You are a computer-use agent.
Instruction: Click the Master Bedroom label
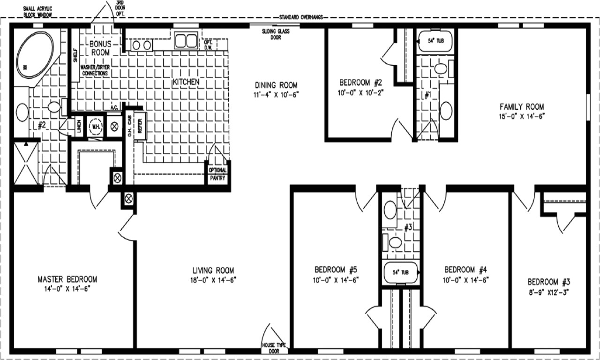(x=67, y=279)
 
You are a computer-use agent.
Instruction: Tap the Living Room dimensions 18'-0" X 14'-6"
(x=213, y=280)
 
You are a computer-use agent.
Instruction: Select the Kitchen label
(x=186, y=82)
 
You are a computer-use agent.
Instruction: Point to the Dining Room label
(x=276, y=85)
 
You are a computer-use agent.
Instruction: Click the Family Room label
(x=522, y=106)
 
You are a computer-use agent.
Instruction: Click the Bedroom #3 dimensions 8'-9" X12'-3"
(x=549, y=292)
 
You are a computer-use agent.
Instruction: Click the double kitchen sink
(x=186, y=41)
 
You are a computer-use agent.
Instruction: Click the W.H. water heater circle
(x=95, y=127)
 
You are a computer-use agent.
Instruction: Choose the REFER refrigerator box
(x=140, y=126)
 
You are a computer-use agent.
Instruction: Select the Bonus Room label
(x=100, y=48)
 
